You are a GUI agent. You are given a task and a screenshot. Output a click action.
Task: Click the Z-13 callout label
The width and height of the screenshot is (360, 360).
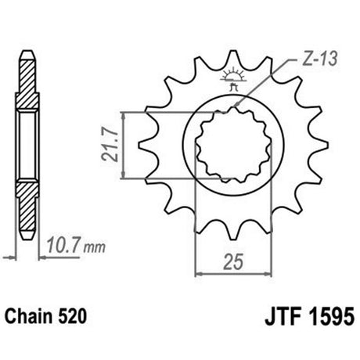pyautogui.click(x=320, y=60)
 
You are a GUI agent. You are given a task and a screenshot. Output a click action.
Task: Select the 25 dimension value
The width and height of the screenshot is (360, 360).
pyautogui.click(x=233, y=261)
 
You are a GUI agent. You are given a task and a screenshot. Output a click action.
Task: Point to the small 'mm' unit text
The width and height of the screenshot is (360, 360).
pyautogui.click(x=95, y=248)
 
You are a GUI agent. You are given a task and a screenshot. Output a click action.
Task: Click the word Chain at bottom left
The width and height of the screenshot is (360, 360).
pyautogui.click(x=29, y=317)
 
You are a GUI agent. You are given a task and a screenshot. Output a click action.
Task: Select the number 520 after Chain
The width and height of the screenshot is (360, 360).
pyautogui.click(x=72, y=317)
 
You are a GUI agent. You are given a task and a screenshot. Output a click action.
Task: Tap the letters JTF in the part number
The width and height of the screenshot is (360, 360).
pyautogui.click(x=283, y=316)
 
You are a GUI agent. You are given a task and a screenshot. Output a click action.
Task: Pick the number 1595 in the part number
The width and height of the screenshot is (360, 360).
pyautogui.click(x=331, y=316)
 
